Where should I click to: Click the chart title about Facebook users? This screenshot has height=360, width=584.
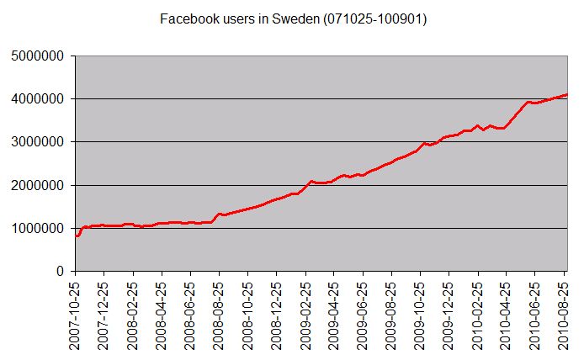293,18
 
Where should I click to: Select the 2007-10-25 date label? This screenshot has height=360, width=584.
76,315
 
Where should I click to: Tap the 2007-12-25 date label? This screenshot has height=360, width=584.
104,315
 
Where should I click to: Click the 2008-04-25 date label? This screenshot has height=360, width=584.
162,315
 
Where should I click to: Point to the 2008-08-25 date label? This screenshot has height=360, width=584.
219,315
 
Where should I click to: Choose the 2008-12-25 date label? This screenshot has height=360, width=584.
276,315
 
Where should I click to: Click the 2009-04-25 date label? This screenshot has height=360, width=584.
333,315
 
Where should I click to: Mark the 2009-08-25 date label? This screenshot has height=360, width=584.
390,315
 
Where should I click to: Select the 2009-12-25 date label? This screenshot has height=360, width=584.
448,315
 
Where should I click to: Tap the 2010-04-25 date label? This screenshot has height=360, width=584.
505,315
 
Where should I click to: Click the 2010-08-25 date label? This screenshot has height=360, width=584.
562,315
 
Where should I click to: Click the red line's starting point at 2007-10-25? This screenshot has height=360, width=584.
77,236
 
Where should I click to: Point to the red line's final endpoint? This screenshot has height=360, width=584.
568,94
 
